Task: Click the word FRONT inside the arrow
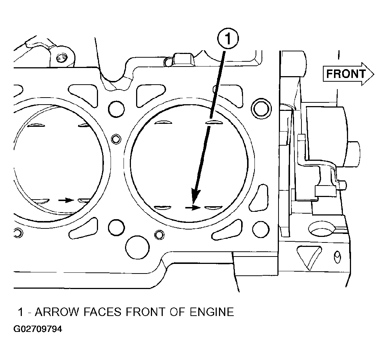pos(346,74)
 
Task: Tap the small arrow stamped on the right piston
pos(193,208)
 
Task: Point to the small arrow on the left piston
pos(66,200)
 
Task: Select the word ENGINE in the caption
pos(212,312)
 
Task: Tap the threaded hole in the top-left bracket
pos(61,58)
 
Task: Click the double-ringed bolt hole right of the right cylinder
pos(261,109)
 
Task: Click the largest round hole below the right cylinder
pos(137,247)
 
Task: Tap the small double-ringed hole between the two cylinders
pos(115,139)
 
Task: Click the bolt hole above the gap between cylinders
pos(116,109)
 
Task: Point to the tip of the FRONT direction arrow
pos(374,74)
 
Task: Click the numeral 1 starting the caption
pos(21,312)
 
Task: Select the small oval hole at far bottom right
pos(337,257)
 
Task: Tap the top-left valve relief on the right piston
pos(163,122)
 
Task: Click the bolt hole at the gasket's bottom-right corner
pos(261,228)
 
